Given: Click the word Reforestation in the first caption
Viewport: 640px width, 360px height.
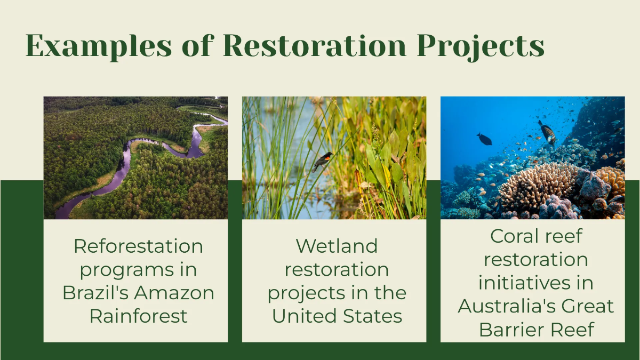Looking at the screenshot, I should [x=138, y=246].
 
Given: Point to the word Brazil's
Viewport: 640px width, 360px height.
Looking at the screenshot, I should [x=97, y=293].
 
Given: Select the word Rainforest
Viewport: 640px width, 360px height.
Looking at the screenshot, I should [x=138, y=316].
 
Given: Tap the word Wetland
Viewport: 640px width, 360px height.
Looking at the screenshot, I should [x=337, y=246].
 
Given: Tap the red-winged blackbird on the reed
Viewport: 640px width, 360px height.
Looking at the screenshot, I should [x=323, y=159].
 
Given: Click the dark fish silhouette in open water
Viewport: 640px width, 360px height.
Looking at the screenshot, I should [x=484, y=139].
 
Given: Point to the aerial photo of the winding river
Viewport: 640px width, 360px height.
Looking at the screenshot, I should [x=135, y=157].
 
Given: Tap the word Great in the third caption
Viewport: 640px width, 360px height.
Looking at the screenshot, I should [x=589, y=306].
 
